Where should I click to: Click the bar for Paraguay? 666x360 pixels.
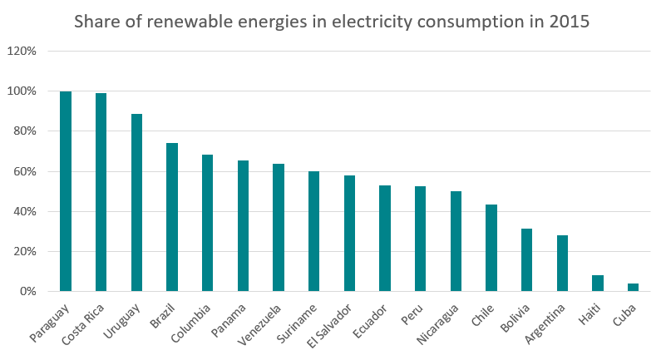(66, 191)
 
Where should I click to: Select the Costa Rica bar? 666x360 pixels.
(101, 192)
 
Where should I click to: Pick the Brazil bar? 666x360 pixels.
(172, 217)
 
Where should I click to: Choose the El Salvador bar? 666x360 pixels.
(349, 234)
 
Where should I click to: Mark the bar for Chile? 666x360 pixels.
(491, 248)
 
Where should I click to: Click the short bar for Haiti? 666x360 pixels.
(598, 284)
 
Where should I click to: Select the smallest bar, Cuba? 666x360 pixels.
(634, 288)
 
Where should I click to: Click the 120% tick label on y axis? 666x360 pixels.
(22, 52)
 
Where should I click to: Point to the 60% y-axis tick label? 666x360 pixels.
(25, 172)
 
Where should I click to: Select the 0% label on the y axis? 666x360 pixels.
(28, 292)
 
